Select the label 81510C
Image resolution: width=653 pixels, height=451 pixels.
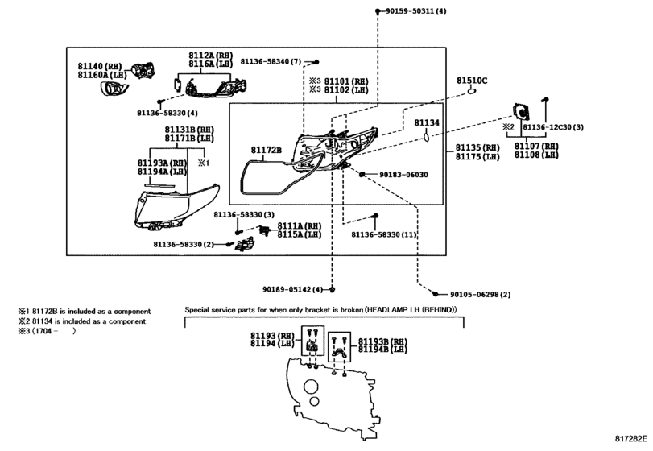click(x=472, y=81)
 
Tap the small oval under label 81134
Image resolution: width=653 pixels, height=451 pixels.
click(x=427, y=136)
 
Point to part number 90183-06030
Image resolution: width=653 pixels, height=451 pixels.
click(x=403, y=175)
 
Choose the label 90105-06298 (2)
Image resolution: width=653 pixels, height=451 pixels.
click(x=480, y=295)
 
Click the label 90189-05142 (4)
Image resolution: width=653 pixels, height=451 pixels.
click(x=292, y=289)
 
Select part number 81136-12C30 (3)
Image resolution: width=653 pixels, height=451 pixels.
click(x=553, y=127)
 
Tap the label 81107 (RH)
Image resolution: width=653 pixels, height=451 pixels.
click(x=536, y=146)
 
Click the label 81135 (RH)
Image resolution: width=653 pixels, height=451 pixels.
click(x=477, y=148)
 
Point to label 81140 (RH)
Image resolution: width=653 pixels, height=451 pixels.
click(x=100, y=66)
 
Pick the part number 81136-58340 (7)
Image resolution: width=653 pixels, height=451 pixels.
click(x=271, y=62)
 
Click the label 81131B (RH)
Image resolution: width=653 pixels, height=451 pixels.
click(x=189, y=130)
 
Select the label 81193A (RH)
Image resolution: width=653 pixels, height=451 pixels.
click(x=163, y=163)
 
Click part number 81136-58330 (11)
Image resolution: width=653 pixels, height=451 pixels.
click(x=383, y=235)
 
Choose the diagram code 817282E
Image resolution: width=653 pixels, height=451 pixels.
click(x=631, y=438)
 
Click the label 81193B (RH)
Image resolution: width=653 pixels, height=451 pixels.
click(x=382, y=342)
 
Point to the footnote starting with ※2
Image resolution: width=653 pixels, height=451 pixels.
click(x=81, y=321)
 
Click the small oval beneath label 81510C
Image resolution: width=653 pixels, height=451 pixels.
click(x=471, y=91)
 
